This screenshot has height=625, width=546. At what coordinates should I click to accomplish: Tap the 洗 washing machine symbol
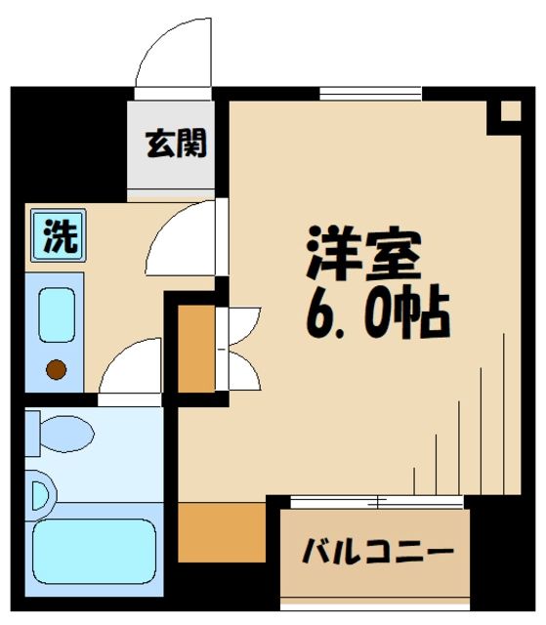pyautogui.click(x=56, y=236)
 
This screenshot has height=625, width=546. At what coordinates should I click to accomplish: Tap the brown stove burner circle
pyautogui.click(x=56, y=368)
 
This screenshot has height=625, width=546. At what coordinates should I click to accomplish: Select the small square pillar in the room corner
pyautogui.click(x=506, y=111)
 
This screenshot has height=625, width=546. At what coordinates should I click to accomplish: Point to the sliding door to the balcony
pyautogui.click(x=376, y=501)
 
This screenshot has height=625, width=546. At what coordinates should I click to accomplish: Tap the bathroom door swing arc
pyautogui.click(x=133, y=370)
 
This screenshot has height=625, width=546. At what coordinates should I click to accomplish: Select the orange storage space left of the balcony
pyautogui.click(x=222, y=533)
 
